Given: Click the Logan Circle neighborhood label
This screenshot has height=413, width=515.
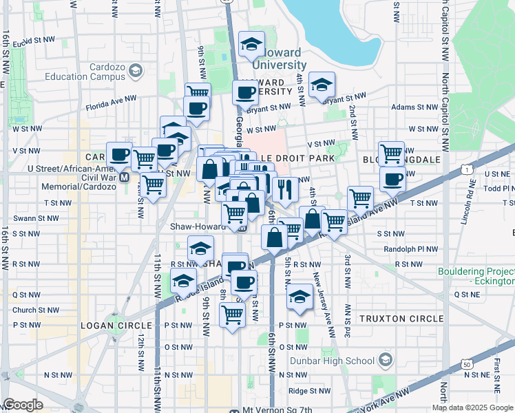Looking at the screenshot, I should [x=116, y=325].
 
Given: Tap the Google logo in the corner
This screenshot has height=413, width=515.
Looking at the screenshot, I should [x=23, y=405].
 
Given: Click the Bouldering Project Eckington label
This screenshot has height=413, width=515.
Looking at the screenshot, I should [x=476, y=276].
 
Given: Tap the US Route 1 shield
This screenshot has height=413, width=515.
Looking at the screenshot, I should [x=467, y=169].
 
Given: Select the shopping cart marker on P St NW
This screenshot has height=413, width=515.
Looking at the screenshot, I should [x=232, y=315].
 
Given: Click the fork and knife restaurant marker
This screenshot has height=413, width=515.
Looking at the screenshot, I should [x=284, y=188].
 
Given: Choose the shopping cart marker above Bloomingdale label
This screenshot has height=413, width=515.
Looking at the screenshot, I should [x=392, y=153].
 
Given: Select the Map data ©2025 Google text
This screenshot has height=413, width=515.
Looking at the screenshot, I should [x=472, y=407].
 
